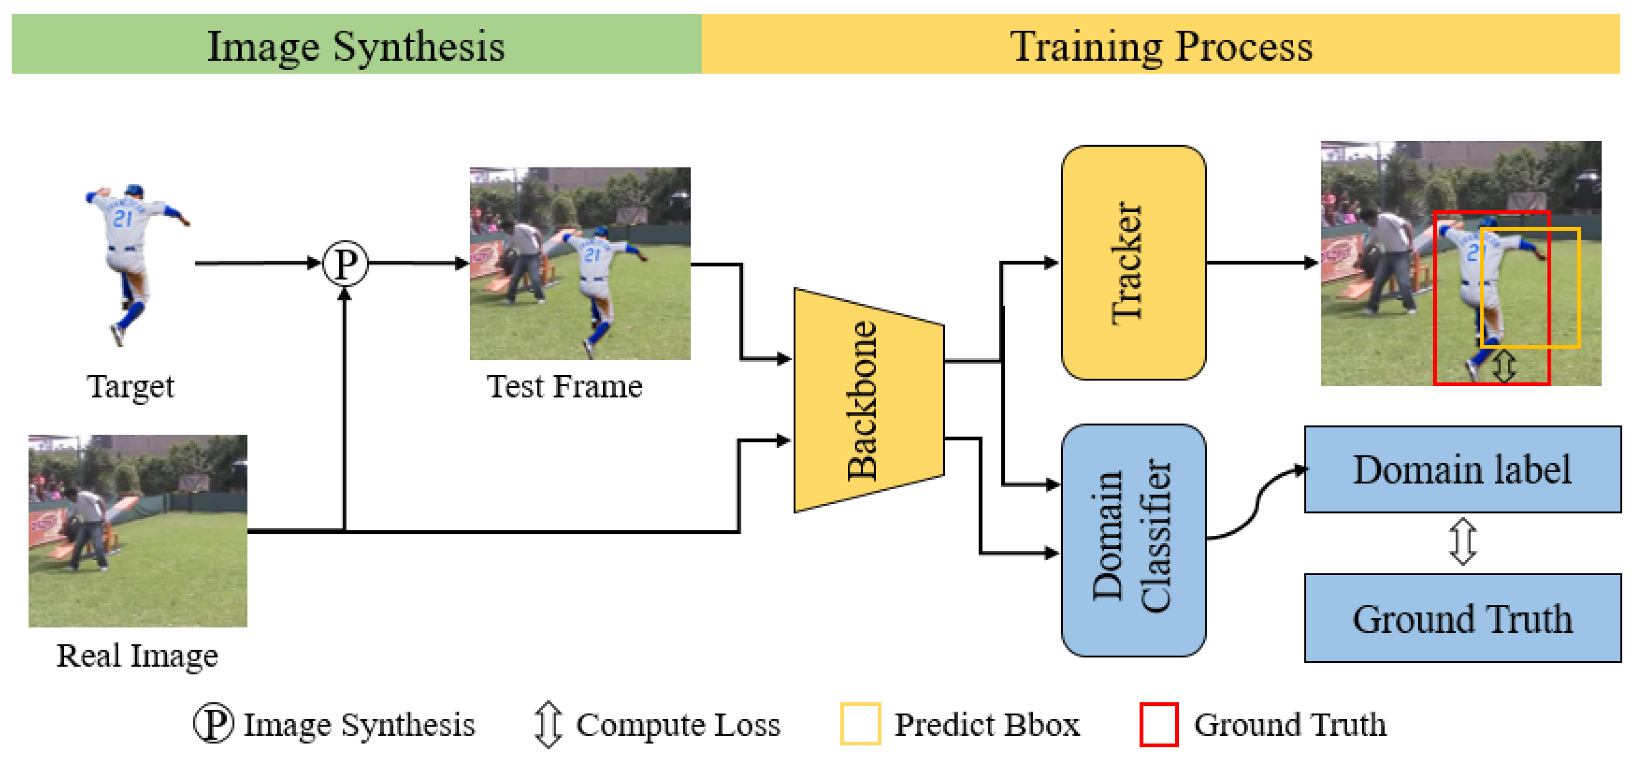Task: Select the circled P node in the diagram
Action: (345, 263)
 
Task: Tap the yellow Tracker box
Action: (1133, 263)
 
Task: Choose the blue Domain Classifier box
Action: (1133, 540)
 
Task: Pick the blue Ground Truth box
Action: (1462, 618)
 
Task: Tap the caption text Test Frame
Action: (564, 387)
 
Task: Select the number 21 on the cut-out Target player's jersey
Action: (122, 219)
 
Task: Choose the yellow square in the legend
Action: (860, 724)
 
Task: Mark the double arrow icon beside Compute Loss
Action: (547, 724)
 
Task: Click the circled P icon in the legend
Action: (213, 723)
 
